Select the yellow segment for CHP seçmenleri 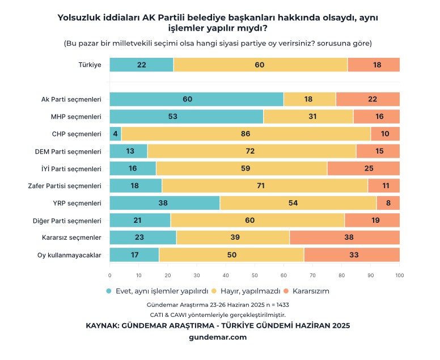pyautogui.click(x=246, y=134)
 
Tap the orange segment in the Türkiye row pyautogui.click(x=374, y=65)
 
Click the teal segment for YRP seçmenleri pyautogui.click(x=164, y=203)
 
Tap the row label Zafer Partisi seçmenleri pyautogui.click(x=65, y=186)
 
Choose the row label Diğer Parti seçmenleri pyautogui.click(x=67, y=221)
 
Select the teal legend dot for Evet pyautogui.click(x=109, y=291)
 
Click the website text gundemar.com pyautogui.click(x=217, y=337)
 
